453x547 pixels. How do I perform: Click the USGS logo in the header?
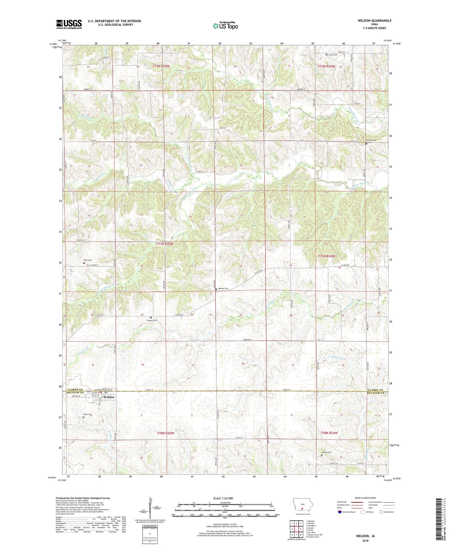coord(69,24)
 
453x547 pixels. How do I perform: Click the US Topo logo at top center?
coord(225,26)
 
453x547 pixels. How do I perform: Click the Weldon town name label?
coord(109,397)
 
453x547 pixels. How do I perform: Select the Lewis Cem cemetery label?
coord(333,55)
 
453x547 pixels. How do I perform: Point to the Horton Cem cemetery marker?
coord(366,143)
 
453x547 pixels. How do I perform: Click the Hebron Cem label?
coord(223,289)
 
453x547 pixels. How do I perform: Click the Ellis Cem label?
coord(87,260)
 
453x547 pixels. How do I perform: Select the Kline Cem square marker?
coord(83,417)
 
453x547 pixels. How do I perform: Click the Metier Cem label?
coord(326,452)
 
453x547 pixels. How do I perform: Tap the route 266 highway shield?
coord(89,391)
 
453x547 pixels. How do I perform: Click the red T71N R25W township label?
coord(165,243)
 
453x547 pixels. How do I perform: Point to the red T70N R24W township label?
coord(329,433)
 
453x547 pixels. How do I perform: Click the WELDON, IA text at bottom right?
coord(365,536)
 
